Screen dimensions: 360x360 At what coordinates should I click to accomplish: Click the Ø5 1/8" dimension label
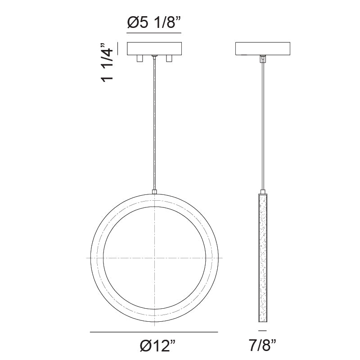154,23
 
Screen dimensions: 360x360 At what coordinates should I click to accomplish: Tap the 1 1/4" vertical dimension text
108,63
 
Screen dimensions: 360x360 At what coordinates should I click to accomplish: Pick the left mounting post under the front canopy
139,58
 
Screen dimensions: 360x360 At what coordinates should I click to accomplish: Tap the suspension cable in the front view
154,126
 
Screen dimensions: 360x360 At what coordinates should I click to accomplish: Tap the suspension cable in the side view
261,126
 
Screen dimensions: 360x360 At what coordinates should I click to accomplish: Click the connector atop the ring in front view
154,192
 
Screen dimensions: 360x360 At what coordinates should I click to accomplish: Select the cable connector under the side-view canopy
261,58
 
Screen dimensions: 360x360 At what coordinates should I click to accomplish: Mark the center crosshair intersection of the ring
154,257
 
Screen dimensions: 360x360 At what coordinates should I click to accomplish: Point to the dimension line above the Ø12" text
154,332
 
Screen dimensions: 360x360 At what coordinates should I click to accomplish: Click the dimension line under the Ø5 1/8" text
154,34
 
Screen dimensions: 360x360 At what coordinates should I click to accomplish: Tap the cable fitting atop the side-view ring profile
261,192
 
